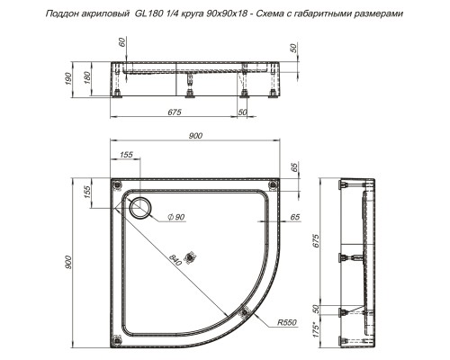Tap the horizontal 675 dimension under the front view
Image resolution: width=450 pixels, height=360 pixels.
[x=175, y=111]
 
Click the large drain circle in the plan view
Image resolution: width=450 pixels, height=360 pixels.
[x=141, y=208]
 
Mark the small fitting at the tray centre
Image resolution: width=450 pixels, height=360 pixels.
[x=189, y=255]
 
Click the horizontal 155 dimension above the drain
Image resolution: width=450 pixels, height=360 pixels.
[x=126, y=156]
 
